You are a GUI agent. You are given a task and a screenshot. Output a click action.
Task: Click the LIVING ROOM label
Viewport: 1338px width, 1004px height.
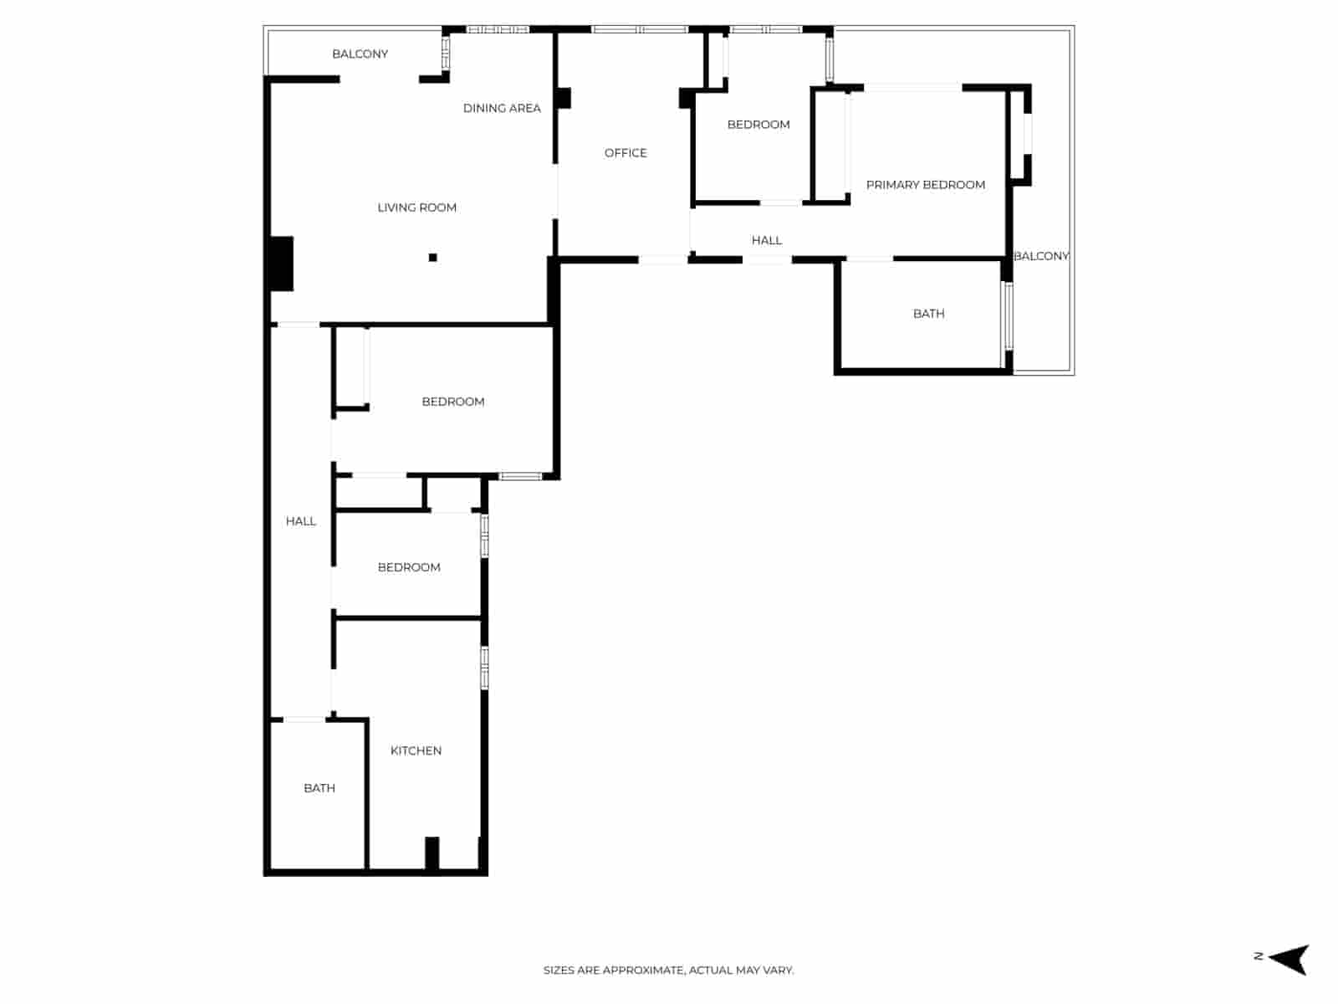click(416, 207)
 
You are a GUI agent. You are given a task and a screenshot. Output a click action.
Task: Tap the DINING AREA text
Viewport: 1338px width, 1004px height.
click(502, 108)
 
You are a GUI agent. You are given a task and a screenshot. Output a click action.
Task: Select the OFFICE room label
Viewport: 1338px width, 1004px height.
click(626, 153)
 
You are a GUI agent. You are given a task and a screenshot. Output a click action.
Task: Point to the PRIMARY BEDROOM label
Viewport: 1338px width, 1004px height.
click(925, 185)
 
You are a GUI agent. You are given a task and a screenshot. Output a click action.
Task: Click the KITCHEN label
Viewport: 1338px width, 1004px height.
click(416, 750)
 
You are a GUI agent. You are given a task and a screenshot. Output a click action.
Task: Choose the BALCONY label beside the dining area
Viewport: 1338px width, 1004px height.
click(360, 54)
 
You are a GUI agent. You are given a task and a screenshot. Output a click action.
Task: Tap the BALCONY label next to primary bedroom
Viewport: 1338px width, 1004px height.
click(1041, 256)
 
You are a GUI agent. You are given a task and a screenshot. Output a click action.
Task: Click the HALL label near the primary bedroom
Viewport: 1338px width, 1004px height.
click(766, 241)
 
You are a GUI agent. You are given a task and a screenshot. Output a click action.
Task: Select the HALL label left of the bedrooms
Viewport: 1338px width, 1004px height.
click(300, 521)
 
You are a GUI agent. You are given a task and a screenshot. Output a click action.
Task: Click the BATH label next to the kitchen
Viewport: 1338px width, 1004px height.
click(319, 788)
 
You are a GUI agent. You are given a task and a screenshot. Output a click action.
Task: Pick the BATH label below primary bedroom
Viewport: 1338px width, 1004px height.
click(928, 314)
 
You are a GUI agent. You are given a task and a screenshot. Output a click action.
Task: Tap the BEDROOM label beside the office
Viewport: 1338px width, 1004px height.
click(758, 125)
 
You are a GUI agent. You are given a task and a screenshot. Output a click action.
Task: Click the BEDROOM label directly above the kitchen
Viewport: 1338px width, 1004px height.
click(408, 567)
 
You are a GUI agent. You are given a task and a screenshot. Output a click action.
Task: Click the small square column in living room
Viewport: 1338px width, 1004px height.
click(432, 258)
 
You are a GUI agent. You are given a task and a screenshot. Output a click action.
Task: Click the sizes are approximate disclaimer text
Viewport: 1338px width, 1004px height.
click(668, 971)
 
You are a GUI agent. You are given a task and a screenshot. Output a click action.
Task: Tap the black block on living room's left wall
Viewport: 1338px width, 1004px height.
click(281, 264)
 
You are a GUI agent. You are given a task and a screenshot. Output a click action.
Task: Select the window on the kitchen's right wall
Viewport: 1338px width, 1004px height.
click(484, 668)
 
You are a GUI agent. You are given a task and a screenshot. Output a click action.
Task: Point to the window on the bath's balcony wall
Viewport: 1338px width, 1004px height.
click(1009, 315)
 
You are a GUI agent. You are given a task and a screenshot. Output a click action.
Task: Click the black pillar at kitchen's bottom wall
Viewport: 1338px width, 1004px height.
click(432, 853)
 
